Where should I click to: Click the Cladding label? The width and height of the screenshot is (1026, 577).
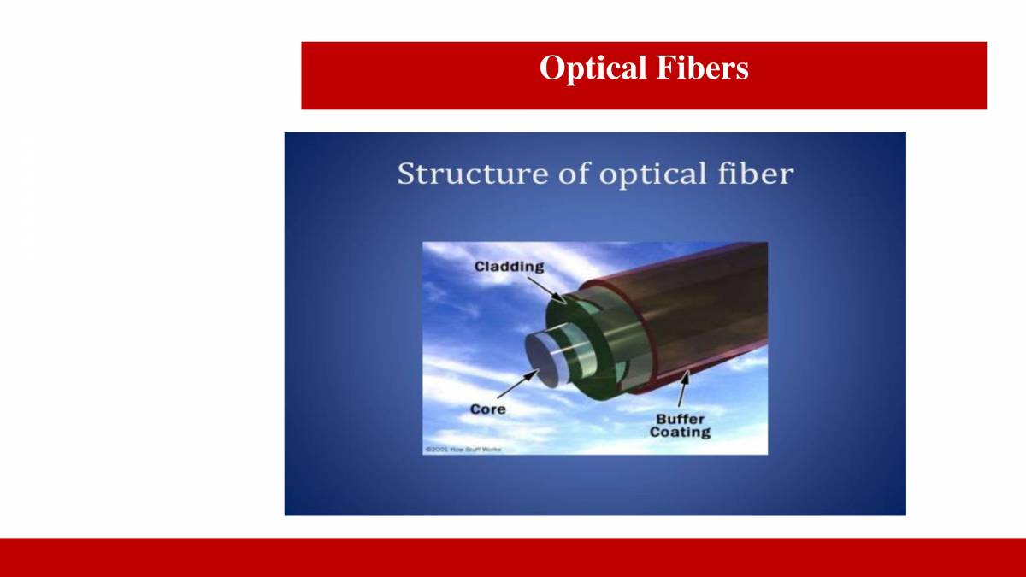tap(509, 267)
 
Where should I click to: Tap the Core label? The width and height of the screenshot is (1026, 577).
tap(487, 409)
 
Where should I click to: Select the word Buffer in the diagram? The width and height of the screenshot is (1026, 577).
tap(680, 419)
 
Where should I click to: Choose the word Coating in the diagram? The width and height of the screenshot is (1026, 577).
tap(680, 433)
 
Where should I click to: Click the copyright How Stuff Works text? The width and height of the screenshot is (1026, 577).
tap(463, 449)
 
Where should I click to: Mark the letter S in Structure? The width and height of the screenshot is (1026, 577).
tap(407, 174)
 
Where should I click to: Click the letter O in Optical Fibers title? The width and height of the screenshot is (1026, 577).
tap(551, 68)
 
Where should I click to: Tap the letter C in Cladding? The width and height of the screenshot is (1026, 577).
tap(481, 267)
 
